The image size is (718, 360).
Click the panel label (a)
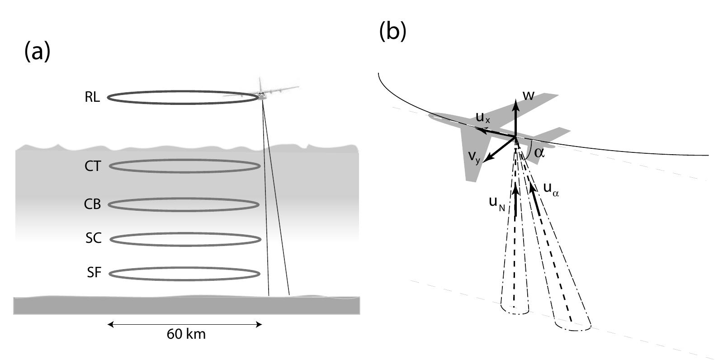pos(37,52)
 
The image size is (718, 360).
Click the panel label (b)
pos(392,31)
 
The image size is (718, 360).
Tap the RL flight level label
pos(92,97)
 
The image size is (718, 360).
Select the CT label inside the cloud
pos(93,166)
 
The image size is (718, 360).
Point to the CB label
pos(92,204)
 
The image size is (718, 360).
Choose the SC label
pos(93,238)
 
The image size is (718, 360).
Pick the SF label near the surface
pos(94,273)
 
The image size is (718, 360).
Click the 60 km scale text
pos(186,334)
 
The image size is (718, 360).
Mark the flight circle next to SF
pos(185,274)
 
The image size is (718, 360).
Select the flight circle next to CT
pos(185,166)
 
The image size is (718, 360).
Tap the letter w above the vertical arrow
pos(528,95)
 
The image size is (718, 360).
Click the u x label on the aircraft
pos(482,118)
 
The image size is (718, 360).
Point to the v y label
pos(474,156)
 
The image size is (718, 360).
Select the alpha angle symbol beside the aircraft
pos(539,152)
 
